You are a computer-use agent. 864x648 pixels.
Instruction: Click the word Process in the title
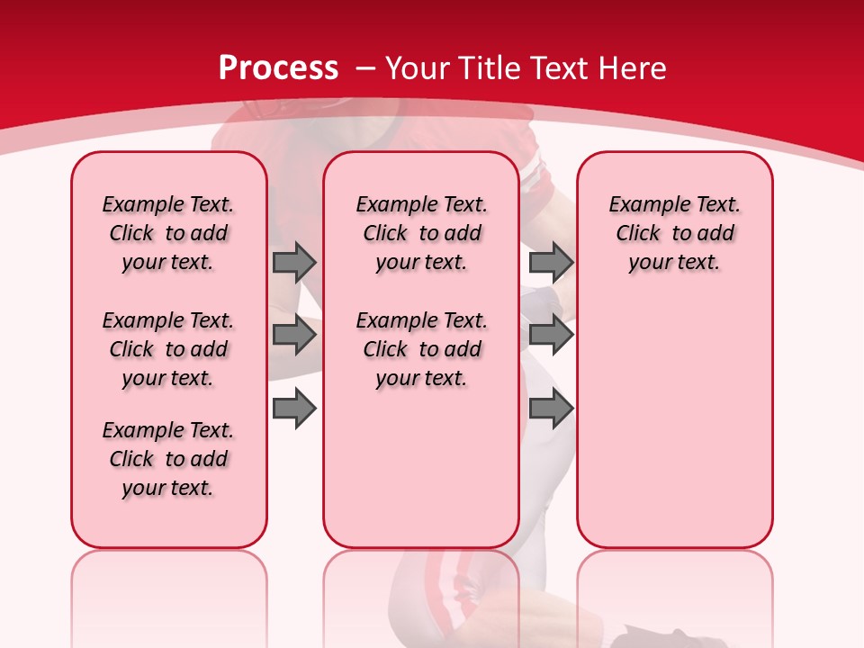[278, 68]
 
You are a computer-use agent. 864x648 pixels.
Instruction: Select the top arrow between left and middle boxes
[293, 262]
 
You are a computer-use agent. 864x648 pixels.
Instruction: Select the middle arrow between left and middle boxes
[293, 335]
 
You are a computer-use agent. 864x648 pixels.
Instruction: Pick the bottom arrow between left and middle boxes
[293, 409]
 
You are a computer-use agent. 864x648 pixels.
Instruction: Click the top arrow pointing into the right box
[551, 262]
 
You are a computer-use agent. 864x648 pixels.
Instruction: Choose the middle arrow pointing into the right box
[551, 335]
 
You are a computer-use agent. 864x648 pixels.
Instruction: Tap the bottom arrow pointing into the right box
[551, 409]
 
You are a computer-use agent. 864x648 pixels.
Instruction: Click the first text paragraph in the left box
[168, 233]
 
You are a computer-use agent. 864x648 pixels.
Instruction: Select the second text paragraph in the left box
[168, 349]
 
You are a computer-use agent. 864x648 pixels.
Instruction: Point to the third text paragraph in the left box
[168, 459]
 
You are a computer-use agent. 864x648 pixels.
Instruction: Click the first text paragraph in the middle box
[421, 233]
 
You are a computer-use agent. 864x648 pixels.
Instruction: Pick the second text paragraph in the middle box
[421, 349]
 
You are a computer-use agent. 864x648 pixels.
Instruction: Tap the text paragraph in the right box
[674, 233]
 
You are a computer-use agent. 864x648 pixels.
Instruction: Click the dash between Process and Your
[365, 68]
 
